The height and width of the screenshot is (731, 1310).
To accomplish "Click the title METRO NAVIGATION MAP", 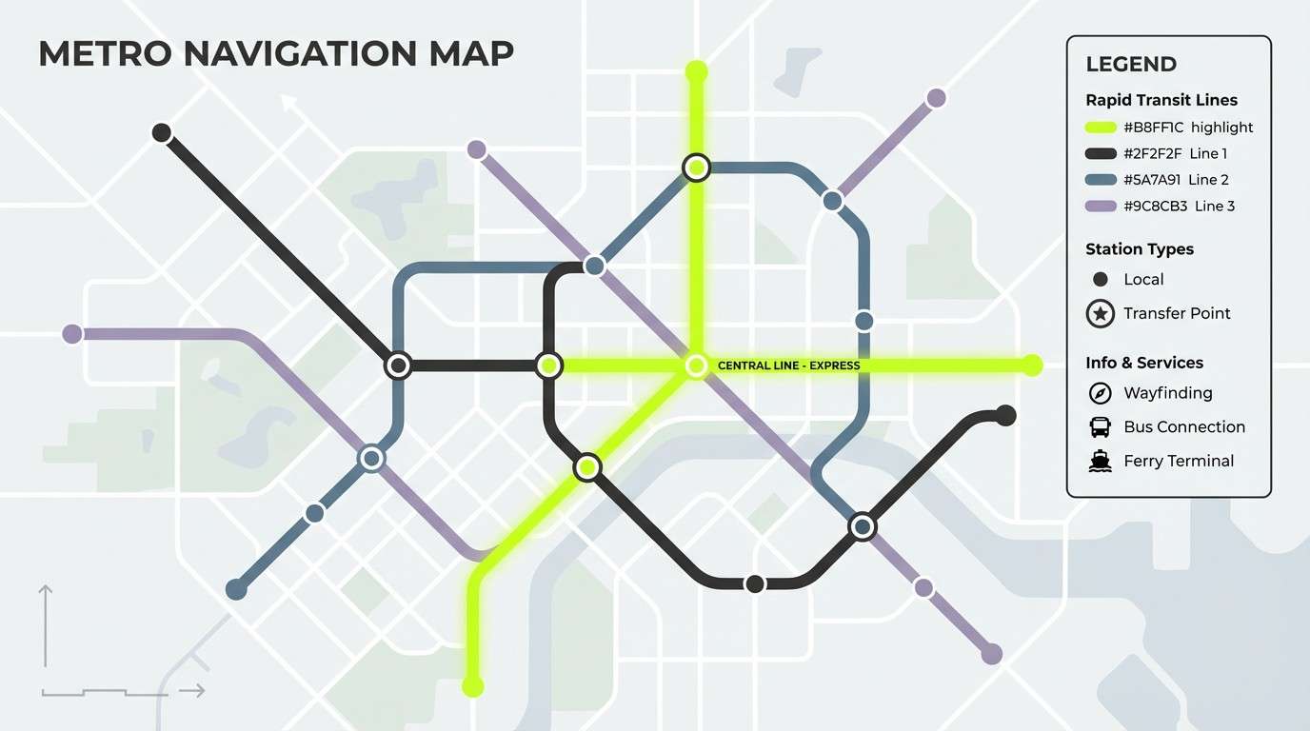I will point(275,53).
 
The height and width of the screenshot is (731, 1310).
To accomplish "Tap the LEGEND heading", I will point(1131,65).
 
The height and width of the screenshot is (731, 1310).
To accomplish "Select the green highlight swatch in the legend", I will point(1100,128).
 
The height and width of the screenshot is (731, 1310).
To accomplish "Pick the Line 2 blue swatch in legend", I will point(1100,180).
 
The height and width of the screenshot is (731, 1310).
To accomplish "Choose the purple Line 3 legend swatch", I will point(1100,207).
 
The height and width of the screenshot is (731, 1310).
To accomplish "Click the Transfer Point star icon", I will point(1101,313).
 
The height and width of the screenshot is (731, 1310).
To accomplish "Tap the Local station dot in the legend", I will point(1101,279).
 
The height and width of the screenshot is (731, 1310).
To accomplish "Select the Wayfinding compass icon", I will point(1101,393).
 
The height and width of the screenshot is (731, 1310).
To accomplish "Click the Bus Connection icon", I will point(1101,426).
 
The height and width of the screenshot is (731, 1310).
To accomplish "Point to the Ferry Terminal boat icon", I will point(1101,461).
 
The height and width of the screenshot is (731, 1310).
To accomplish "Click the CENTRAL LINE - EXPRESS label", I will point(788,365).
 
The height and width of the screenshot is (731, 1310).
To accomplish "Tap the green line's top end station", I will point(697,70).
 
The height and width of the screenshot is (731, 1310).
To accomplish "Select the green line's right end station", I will point(1033,365).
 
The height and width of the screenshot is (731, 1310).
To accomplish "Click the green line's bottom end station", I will point(472,685).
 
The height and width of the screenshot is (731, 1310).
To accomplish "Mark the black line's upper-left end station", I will point(162,132).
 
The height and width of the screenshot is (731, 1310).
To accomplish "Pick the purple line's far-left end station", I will point(71,334).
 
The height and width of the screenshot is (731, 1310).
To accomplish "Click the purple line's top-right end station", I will point(936,97).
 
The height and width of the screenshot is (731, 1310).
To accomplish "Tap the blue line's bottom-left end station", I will point(236,589).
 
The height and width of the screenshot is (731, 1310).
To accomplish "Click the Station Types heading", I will point(1139,249).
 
